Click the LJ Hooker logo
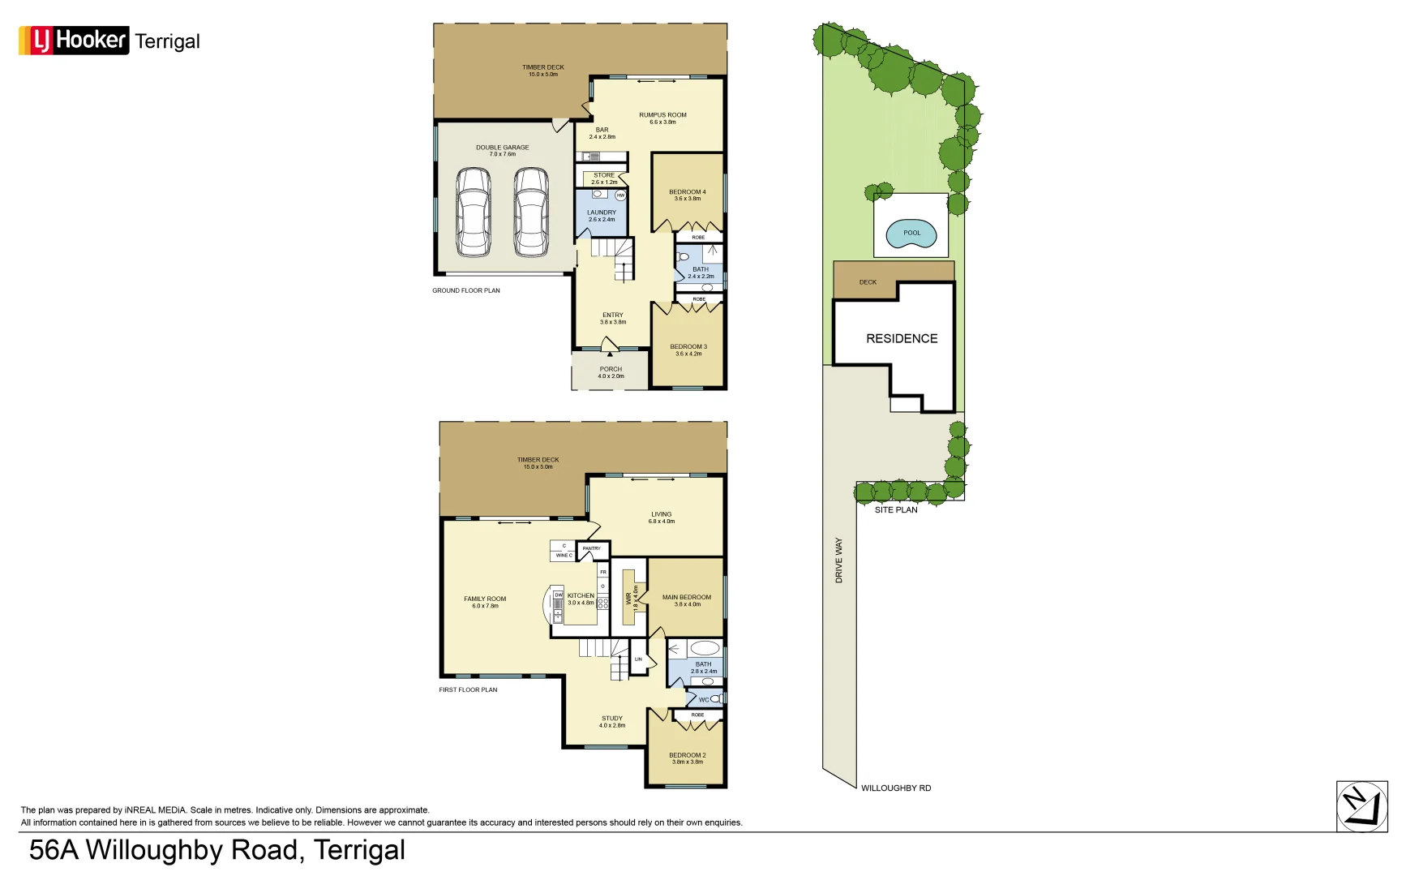coord(74,40)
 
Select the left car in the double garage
coord(473,212)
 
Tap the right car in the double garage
coord(531,212)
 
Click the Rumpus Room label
coord(662,118)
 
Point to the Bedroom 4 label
coord(687,195)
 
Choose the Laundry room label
coord(602,216)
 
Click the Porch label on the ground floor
coord(611,372)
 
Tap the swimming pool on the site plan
coord(911,234)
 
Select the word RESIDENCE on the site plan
coord(902,339)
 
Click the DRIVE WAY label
coord(839,560)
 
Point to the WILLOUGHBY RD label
coord(895,788)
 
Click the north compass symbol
coord(1361,806)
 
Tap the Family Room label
coord(485,602)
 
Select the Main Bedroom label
coord(686,600)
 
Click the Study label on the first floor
coord(612,721)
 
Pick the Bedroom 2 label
coord(687,758)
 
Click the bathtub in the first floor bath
coord(705,648)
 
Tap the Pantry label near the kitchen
coord(592,549)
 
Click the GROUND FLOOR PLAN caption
coord(465,290)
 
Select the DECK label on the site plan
coord(868,282)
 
